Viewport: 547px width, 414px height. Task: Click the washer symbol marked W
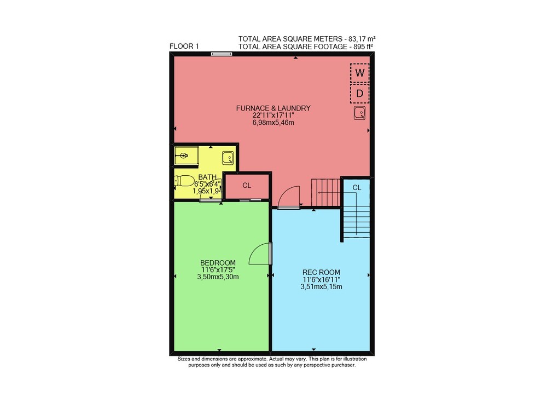[360, 73]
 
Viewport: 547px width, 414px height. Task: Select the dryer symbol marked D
[360, 93]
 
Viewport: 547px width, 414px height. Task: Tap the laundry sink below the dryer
[360, 113]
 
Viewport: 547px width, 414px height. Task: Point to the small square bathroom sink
[228, 158]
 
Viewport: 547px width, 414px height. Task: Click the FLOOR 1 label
[184, 46]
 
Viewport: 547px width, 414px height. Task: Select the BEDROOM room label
[218, 263]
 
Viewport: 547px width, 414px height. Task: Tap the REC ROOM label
[321, 272]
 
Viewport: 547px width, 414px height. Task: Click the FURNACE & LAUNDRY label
[273, 108]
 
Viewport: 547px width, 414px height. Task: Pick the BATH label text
[207, 177]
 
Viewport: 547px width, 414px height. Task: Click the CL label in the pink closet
[247, 186]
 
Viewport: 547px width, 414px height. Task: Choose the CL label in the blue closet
[357, 188]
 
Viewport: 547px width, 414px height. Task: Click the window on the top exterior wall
[222, 54]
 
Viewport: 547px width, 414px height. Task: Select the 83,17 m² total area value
[364, 38]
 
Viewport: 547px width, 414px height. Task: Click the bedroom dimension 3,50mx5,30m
[218, 277]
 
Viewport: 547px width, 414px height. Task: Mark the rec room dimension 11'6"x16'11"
[321, 279]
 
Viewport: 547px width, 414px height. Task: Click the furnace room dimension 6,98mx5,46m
[273, 123]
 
